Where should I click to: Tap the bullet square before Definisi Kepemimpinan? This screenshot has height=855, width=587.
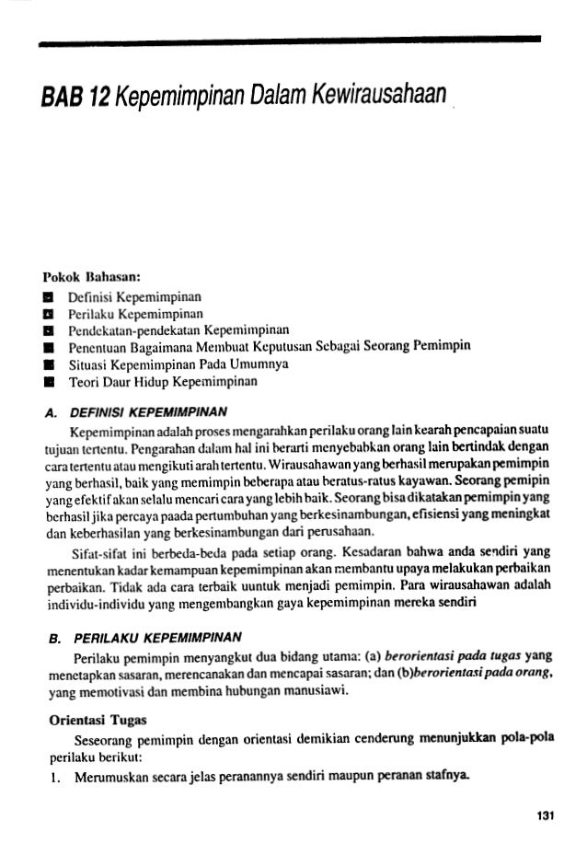66,296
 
